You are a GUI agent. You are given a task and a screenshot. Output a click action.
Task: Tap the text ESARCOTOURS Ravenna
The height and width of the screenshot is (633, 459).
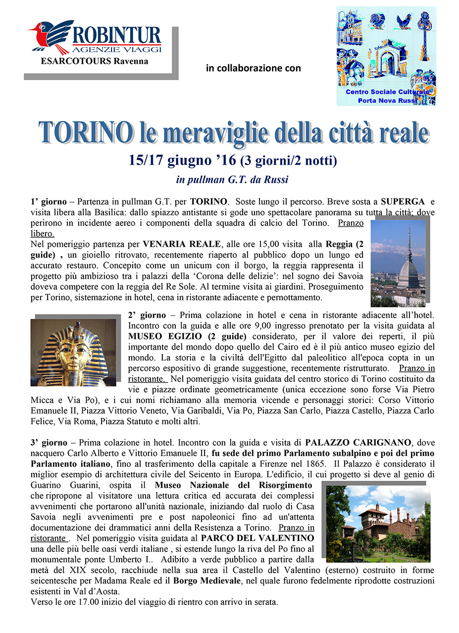click(x=95, y=61)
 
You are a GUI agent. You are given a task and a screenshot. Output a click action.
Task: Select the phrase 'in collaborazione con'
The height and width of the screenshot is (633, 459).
click(x=253, y=68)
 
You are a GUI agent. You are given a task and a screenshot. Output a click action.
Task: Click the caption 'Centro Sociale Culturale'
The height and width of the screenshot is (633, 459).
click(x=387, y=92)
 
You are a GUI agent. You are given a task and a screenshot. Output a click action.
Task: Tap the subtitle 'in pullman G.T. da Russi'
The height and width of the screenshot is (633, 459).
click(x=232, y=180)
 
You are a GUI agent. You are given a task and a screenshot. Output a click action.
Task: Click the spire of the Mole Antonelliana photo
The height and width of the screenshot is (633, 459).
click(x=409, y=242)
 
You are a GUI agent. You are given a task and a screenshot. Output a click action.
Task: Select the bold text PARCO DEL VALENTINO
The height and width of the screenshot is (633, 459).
click(x=257, y=538)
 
